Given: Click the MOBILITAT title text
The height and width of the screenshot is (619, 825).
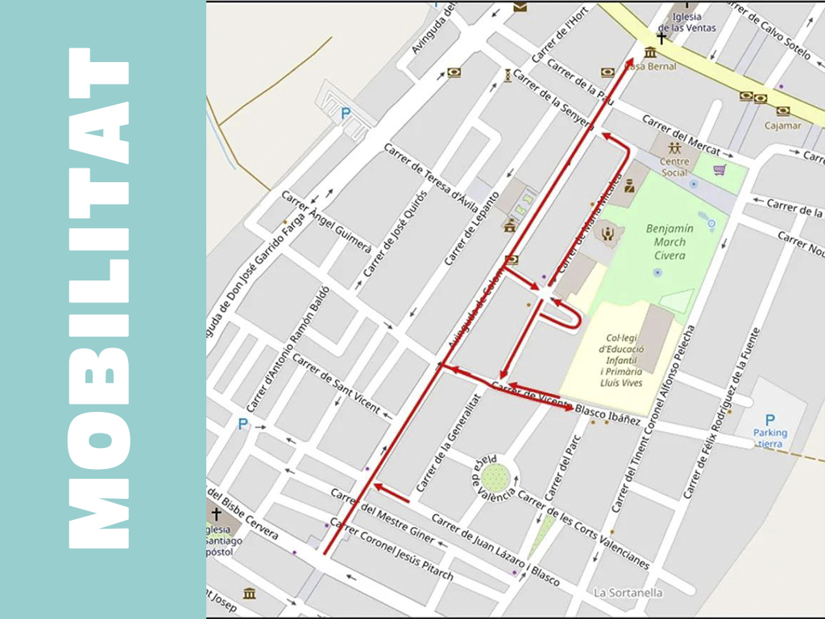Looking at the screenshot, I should tap(98, 298).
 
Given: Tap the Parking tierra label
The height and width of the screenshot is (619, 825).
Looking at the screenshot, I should tap(770, 438).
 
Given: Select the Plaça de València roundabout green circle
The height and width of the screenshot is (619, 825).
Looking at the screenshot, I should tap(497, 476).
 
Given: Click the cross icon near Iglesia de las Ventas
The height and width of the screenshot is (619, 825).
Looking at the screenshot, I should tap(661, 38).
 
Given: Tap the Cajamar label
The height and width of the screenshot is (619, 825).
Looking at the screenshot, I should tap(783, 125).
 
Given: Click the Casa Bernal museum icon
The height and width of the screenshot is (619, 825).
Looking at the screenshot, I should tap(649, 52).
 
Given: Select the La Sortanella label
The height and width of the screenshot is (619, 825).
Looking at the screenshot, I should tap(628, 592).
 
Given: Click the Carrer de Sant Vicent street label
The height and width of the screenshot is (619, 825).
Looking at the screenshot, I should tap(336, 384).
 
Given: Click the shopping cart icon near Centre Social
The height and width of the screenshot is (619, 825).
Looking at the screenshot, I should tap(719, 170).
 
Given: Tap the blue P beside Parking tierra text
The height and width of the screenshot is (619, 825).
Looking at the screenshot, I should tap(769, 420).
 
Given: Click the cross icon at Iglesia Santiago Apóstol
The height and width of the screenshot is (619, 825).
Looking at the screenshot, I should tap(216, 513).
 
